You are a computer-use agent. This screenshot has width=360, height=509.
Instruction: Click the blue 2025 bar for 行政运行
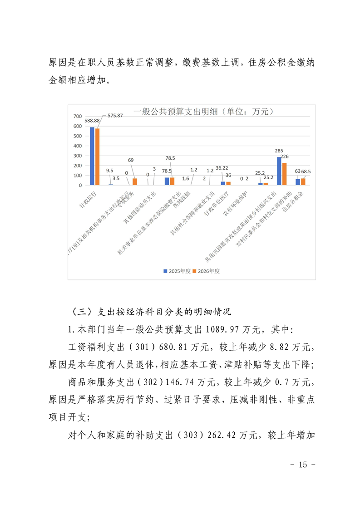click(x=92, y=156)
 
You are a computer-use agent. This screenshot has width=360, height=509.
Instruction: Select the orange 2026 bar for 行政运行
click(x=97, y=157)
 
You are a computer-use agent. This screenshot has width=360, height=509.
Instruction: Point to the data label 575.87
click(x=115, y=115)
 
